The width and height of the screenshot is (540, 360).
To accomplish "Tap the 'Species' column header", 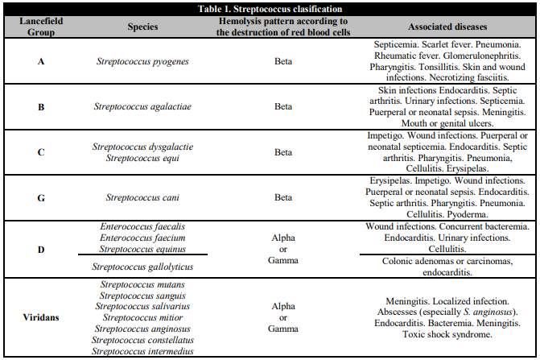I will click(142, 26).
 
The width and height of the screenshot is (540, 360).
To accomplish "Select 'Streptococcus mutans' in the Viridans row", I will click(142, 285).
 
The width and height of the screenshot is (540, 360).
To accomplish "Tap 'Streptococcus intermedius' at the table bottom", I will click(142, 351).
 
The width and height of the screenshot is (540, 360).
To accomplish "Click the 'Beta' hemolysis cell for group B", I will click(282, 106).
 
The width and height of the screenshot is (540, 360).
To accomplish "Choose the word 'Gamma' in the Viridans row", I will click(282, 329).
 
